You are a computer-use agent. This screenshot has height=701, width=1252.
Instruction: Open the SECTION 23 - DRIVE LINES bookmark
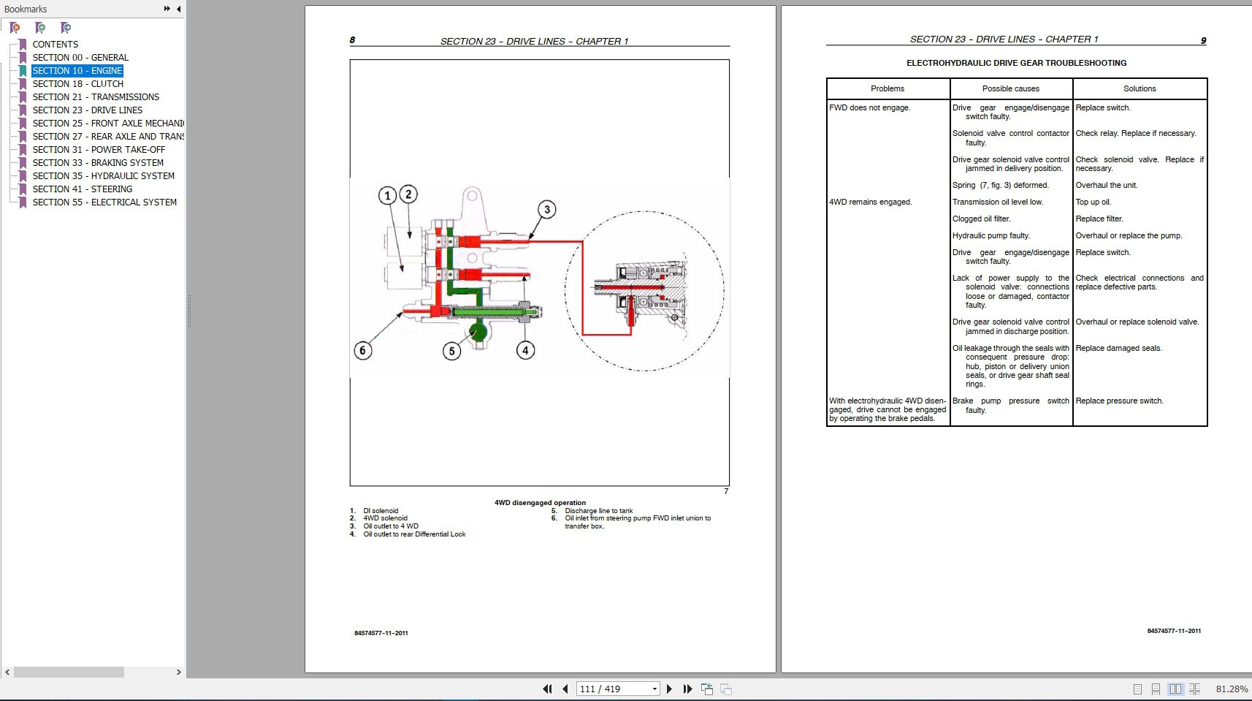point(87,110)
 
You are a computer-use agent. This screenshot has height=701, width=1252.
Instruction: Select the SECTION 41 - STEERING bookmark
point(82,189)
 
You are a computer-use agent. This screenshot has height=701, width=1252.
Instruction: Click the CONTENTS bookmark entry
point(55,45)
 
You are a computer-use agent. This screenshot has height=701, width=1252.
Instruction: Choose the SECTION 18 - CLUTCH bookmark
point(77,84)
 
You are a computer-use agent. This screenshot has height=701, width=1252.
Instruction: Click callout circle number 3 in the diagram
point(546,210)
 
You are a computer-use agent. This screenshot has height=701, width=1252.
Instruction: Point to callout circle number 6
point(362,350)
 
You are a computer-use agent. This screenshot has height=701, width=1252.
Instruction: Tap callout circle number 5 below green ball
point(451,351)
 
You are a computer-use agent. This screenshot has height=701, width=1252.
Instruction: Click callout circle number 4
point(525,350)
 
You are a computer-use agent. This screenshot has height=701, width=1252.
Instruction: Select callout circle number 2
point(408,194)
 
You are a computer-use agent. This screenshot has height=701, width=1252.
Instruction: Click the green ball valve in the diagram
point(478,331)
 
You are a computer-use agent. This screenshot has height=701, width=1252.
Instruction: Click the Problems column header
point(887,88)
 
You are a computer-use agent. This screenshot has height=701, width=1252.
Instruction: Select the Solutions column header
point(1139,88)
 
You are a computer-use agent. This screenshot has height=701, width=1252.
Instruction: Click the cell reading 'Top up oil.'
point(1093,202)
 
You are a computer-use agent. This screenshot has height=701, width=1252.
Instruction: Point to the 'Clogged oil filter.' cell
point(981,219)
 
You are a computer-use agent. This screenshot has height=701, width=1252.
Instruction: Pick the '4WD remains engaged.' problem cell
point(870,202)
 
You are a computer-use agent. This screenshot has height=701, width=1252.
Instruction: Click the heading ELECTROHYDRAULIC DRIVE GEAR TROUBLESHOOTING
point(1016,63)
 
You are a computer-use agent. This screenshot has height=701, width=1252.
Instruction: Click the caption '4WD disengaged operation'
point(540,503)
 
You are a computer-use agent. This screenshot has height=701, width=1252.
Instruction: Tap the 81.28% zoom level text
point(1231,689)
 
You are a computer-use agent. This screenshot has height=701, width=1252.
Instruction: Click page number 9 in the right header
point(1203,40)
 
